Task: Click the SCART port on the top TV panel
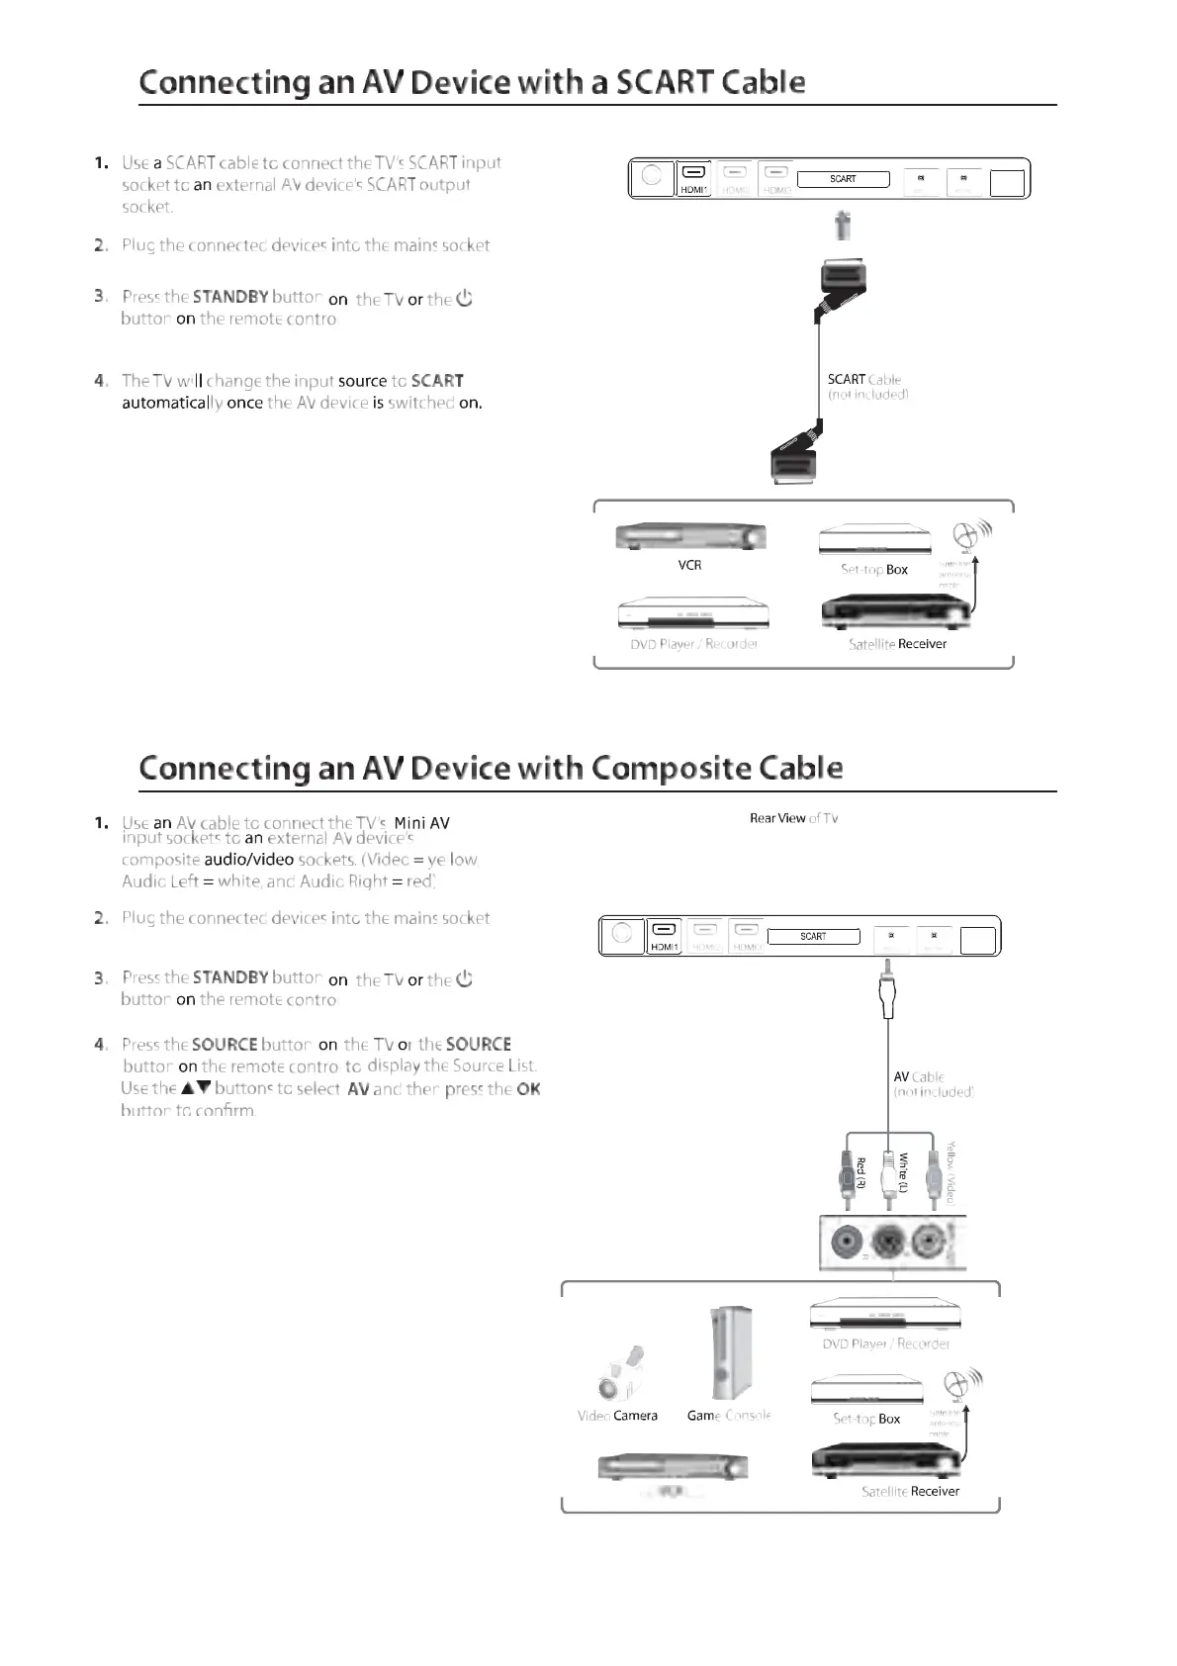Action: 843,179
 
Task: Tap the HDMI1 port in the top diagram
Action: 694,178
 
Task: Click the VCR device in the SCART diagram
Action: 690,537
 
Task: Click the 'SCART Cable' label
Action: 863,380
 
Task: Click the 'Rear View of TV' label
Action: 793,818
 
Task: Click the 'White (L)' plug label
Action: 903,1172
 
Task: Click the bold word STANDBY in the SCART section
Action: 230,297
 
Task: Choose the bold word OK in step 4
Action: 528,1089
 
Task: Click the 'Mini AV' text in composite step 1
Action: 421,823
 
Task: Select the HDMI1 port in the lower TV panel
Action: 665,936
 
